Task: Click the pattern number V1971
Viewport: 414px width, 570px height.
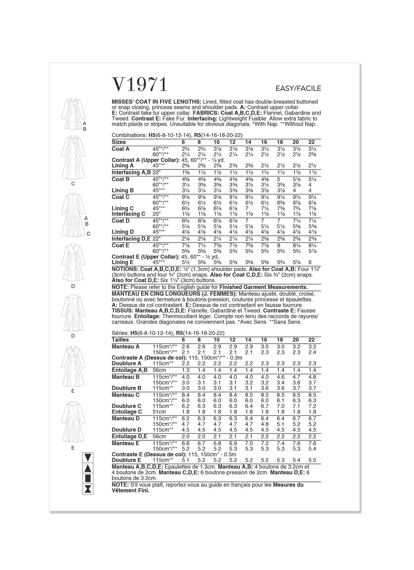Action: pos(140,85)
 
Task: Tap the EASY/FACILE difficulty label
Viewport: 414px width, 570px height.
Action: pos(298,89)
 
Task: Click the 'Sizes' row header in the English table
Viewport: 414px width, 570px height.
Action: pos(119,142)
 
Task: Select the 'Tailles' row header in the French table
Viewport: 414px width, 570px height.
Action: pos(120,340)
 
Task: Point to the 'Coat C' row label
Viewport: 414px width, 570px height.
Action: pos(120,197)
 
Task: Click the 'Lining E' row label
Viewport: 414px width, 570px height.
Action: pos(123,262)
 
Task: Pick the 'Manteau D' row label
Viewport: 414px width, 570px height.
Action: pos(126,418)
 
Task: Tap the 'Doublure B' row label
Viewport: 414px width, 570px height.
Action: pos(127,388)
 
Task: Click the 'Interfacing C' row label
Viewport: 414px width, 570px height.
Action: pos(128,214)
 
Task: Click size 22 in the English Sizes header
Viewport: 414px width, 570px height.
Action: pos(312,142)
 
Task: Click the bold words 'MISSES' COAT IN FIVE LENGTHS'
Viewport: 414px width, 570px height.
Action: pos(156,102)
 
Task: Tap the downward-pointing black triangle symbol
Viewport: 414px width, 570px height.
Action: pos(88,457)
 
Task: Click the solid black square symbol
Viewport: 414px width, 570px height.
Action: pos(88,478)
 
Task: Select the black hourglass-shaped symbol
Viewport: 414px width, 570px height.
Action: pos(88,489)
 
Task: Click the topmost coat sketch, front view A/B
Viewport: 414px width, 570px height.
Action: pos(73,112)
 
